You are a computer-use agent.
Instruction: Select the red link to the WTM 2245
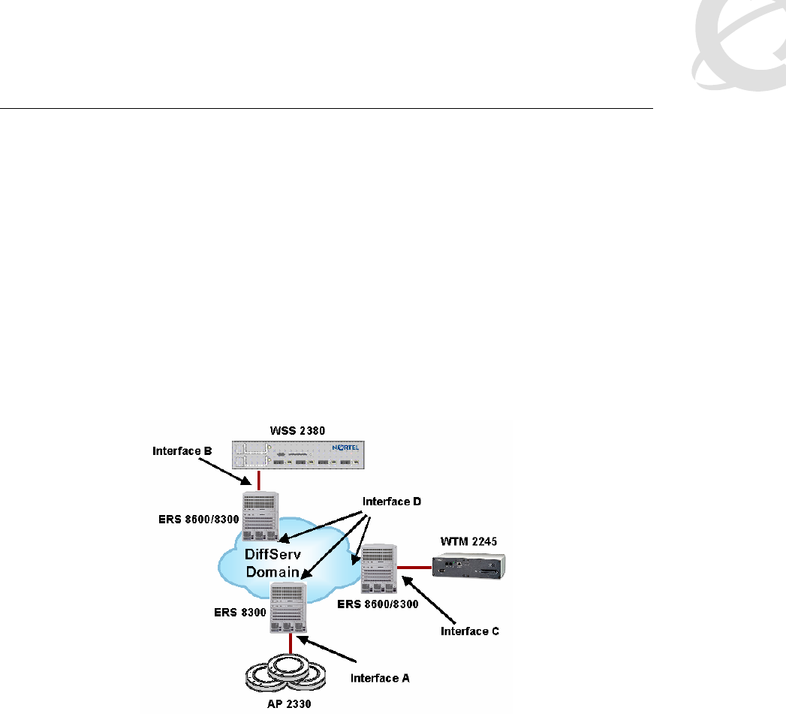[415, 568]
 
